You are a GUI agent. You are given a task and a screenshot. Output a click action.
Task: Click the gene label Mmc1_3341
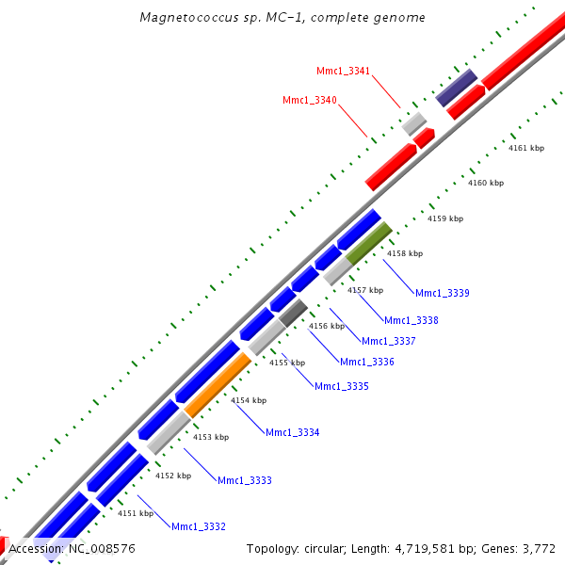(x=344, y=71)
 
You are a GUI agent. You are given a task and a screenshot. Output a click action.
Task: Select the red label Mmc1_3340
(x=310, y=100)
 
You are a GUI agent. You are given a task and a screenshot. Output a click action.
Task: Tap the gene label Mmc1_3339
(x=442, y=293)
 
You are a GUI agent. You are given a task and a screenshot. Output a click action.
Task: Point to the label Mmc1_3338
(x=411, y=320)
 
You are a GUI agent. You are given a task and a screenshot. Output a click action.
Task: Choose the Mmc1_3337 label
(x=388, y=341)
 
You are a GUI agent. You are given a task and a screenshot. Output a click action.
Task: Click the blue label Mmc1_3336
(x=366, y=362)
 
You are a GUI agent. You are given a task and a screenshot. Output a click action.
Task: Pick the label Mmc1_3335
(x=341, y=386)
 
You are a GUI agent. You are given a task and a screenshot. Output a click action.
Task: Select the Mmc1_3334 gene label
(x=292, y=432)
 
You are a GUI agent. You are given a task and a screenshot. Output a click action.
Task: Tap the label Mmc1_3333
(x=244, y=480)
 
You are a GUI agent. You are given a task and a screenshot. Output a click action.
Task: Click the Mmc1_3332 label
(x=198, y=526)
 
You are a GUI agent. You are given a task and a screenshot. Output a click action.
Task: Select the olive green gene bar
(x=368, y=244)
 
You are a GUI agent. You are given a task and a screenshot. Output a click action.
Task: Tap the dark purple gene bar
(x=456, y=88)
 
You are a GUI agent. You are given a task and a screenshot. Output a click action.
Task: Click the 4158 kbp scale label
(x=405, y=253)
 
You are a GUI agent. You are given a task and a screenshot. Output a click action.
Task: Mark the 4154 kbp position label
(x=250, y=400)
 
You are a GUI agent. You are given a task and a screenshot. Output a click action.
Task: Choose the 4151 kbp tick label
(x=136, y=513)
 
